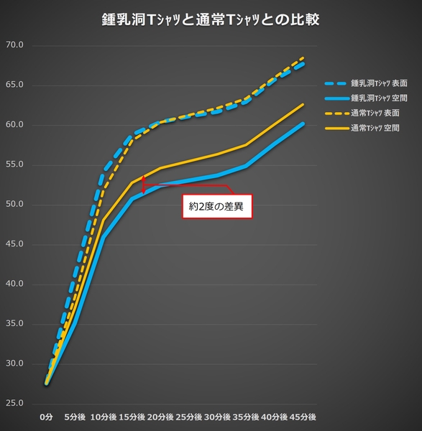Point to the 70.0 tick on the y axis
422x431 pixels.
coord(15,45)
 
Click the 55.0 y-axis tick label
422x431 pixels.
coord(15,164)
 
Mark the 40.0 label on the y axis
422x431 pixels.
coord(15,284)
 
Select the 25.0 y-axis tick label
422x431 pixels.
coord(15,403)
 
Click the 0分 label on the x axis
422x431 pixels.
coord(47,417)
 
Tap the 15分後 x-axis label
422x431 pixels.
coord(133,417)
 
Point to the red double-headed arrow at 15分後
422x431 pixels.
coord(143,185)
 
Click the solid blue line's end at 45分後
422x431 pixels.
coord(304,124)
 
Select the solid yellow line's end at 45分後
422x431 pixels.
coord(304,104)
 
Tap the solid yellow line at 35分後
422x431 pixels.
coord(247,145)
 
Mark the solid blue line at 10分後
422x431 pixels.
coord(104,236)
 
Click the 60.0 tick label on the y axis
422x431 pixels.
coord(15,125)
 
